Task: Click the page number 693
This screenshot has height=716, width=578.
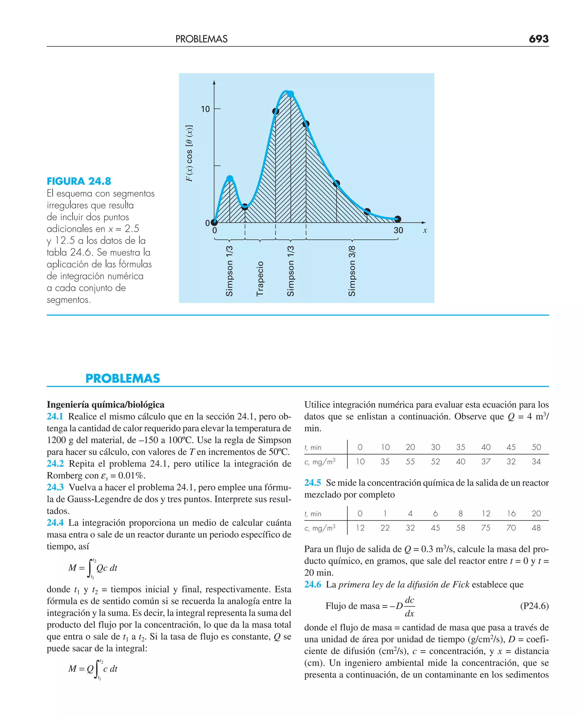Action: coord(538,39)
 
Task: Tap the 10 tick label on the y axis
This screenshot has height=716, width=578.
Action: coord(205,109)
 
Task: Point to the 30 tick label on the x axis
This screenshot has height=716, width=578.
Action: coord(398,230)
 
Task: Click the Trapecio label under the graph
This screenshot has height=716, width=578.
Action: coord(260,279)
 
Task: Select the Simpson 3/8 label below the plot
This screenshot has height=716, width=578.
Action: coord(352,271)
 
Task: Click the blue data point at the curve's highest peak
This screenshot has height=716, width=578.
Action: coord(290,94)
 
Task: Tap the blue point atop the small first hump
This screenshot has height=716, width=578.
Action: coord(230,178)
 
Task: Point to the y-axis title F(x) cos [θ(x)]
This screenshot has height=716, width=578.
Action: coord(189,154)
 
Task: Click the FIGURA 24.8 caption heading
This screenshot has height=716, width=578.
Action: coord(79,181)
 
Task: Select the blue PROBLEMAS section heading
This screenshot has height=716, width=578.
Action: coord(122,378)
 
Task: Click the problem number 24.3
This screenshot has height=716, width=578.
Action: coord(55,487)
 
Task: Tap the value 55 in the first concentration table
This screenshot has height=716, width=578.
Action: coord(410,462)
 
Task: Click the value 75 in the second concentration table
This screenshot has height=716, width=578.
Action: coord(486,528)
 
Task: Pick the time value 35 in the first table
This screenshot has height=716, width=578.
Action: coord(461,447)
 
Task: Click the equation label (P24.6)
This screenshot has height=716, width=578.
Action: coord(534,606)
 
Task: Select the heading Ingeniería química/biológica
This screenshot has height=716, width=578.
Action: coord(106,405)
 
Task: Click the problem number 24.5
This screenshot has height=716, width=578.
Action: coord(313,483)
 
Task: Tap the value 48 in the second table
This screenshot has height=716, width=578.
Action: coord(536,528)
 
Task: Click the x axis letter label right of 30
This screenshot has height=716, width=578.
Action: coord(425,230)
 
